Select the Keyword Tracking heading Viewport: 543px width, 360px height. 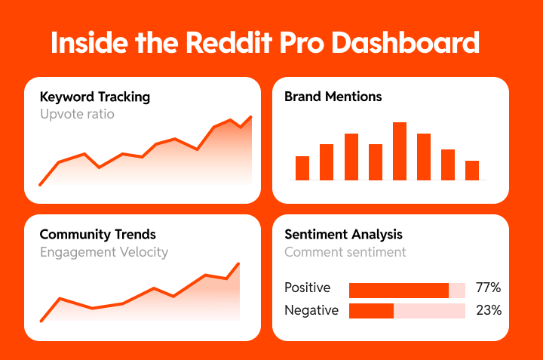pyautogui.click(x=94, y=97)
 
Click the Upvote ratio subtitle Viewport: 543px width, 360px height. pyautogui.click(x=77, y=115)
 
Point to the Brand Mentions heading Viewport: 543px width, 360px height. pyautogui.click(x=333, y=97)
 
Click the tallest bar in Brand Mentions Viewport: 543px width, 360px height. pyautogui.click(x=400, y=151)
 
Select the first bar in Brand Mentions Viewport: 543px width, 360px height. pyautogui.click(x=302, y=168)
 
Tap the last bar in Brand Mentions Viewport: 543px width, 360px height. pyautogui.click(x=472, y=170)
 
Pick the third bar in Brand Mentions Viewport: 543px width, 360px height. pyautogui.click(x=351, y=156)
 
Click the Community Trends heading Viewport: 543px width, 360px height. pyautogui.click(x=97, y=235)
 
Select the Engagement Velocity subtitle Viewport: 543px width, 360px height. pyautogui.click(x=103, y=252)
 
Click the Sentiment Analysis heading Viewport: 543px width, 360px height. pyautogui.click(x=343, y=235)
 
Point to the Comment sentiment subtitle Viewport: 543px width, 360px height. pyautogui.click(x=345, y=252)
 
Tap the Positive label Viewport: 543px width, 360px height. pyautogui.click(x=307, y=288)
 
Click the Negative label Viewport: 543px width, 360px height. pyautogui.click(x=311, y=310)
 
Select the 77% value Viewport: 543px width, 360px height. pyautogui.click(x=488, y=288)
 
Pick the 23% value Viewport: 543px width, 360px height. pyautogui.click(x=488, y=310)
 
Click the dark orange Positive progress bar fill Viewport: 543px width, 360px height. pyautogui.click(x=398, y=290)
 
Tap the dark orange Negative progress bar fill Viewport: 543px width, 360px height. pyautogui.click(x=371, y=311)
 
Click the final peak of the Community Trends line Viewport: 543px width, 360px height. pyautogui.click(x=238, y=264)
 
